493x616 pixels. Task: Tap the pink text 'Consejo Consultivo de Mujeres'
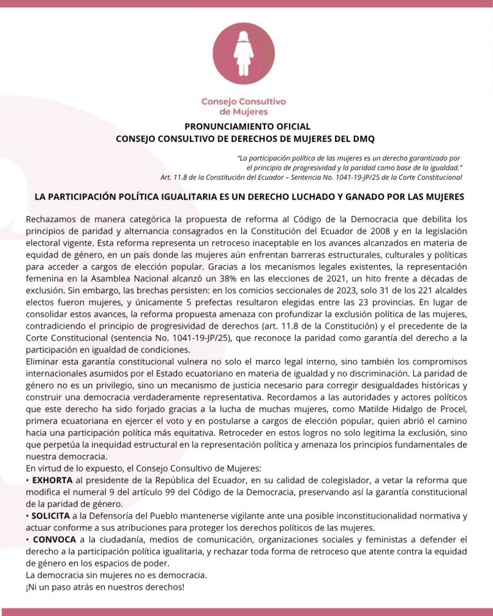click(244, 107)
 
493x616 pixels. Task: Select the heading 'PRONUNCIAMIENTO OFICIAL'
click(247, 126)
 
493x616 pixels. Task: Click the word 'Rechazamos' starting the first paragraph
click(52, 219)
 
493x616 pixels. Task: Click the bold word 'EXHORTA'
click(53, 479)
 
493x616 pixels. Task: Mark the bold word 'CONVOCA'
click(55, 540)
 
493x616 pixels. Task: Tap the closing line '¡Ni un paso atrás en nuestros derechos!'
click(105, 586)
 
